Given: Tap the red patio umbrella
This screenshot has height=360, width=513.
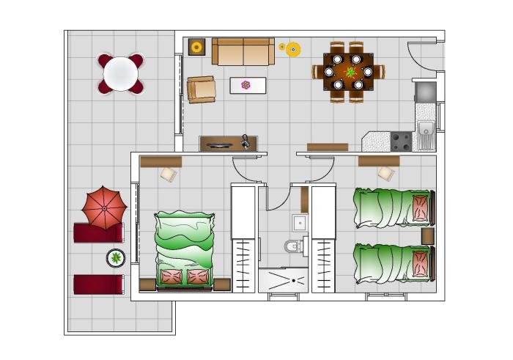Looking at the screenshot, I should tap(104, 207).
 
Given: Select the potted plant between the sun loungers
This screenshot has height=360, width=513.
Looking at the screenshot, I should tap(116, 257).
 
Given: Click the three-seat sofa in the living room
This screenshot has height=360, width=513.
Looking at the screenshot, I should tap(243, 51).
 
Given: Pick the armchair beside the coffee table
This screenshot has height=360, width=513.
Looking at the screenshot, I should tap(201, 89).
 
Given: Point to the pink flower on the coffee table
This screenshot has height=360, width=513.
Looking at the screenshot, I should tap(246, 85).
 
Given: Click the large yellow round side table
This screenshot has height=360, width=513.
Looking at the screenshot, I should tap(293, 50).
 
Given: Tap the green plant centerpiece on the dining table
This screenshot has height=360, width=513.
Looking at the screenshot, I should tap(351, 72).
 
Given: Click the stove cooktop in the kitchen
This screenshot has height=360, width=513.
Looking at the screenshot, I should tap(401, 141).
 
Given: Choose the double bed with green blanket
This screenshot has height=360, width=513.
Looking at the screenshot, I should tap(185, 249).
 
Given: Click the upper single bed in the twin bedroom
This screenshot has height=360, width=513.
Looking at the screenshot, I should tap(394, 207).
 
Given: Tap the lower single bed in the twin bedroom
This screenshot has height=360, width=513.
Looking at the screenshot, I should tap(394, 263).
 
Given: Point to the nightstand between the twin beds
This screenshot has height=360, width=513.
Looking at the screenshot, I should tap(428, 236).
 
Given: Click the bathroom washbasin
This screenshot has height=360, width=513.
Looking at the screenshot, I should tap(299, 222).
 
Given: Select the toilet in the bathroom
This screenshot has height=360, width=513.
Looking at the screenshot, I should tap(293, 246).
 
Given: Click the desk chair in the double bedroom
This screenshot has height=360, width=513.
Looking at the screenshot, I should tap(169, 175).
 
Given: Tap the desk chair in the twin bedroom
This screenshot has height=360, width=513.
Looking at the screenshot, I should tap(385, 174).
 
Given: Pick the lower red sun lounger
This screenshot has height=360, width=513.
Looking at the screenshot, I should tap(98, 284).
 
